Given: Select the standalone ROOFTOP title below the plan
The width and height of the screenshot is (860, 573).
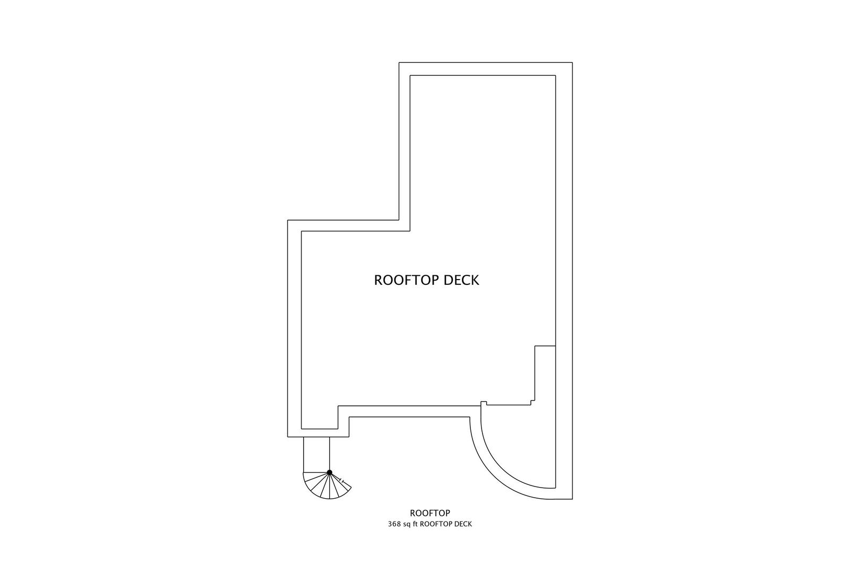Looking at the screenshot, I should coord(430,513).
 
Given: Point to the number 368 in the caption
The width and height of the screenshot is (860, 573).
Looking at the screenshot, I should coord(394,524).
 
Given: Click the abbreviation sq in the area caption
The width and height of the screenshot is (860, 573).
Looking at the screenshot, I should coord(406,524).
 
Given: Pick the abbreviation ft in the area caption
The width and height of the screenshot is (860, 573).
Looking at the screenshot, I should coord(415,524).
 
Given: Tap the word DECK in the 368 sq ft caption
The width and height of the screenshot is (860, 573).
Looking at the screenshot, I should coord(462,524).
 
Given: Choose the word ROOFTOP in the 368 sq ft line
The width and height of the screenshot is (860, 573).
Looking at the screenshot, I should coord(436,524).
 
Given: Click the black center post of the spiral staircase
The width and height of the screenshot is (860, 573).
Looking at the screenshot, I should coord(329,472).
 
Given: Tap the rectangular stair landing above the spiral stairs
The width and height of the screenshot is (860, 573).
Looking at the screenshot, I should coord(316,454).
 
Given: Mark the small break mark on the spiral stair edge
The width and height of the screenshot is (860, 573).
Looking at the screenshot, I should coord(343,481).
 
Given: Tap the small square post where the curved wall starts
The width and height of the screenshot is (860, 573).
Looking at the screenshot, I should coord(484,404).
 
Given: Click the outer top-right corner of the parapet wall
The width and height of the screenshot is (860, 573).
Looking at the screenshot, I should coord(572,63).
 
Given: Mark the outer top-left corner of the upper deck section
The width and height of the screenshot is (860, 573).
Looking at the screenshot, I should coord(399,63).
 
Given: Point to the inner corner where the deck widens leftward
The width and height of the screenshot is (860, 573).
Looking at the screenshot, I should coord(410,231).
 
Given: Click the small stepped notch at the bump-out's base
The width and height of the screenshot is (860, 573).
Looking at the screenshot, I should coord(532,402).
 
